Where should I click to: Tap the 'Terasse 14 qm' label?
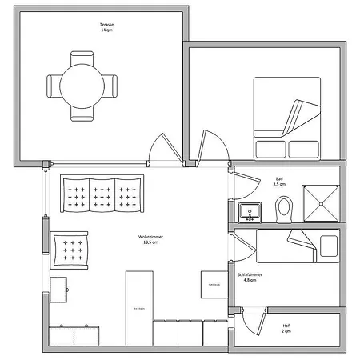point(106,27)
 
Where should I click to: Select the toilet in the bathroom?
point(284,210)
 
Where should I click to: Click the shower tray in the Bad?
point(321,202)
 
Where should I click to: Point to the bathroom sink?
point(250,212)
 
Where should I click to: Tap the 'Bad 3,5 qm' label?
point(279,182)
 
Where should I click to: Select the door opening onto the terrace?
point(163,149)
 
